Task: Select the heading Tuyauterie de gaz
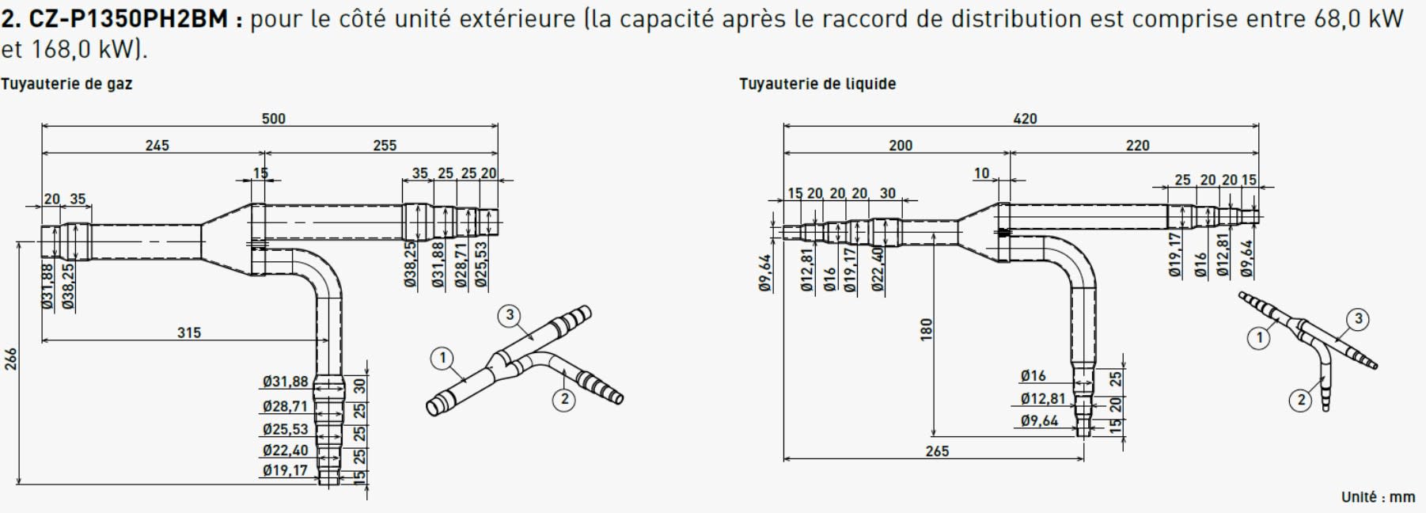point(66,84)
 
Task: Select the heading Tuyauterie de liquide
point(817,84)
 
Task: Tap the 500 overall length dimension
point(273,119)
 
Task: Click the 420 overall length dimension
point(1025,119)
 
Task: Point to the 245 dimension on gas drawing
point(157,146)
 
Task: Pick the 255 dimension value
point(384,146)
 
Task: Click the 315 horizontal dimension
point(188,332)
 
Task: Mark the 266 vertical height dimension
point(10,359)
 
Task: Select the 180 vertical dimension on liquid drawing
point(927,329)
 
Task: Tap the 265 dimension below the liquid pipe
point(936,451)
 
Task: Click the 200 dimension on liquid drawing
point(900,146)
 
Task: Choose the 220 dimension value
point(1137,146)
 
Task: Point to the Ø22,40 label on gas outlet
point(285,450)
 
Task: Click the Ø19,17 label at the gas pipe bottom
point(285,471)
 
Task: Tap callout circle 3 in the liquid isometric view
point(1358,320)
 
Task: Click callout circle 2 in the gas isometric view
point(563,399)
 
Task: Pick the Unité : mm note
point(1378,497)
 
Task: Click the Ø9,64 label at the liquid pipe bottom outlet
point(1039,420)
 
